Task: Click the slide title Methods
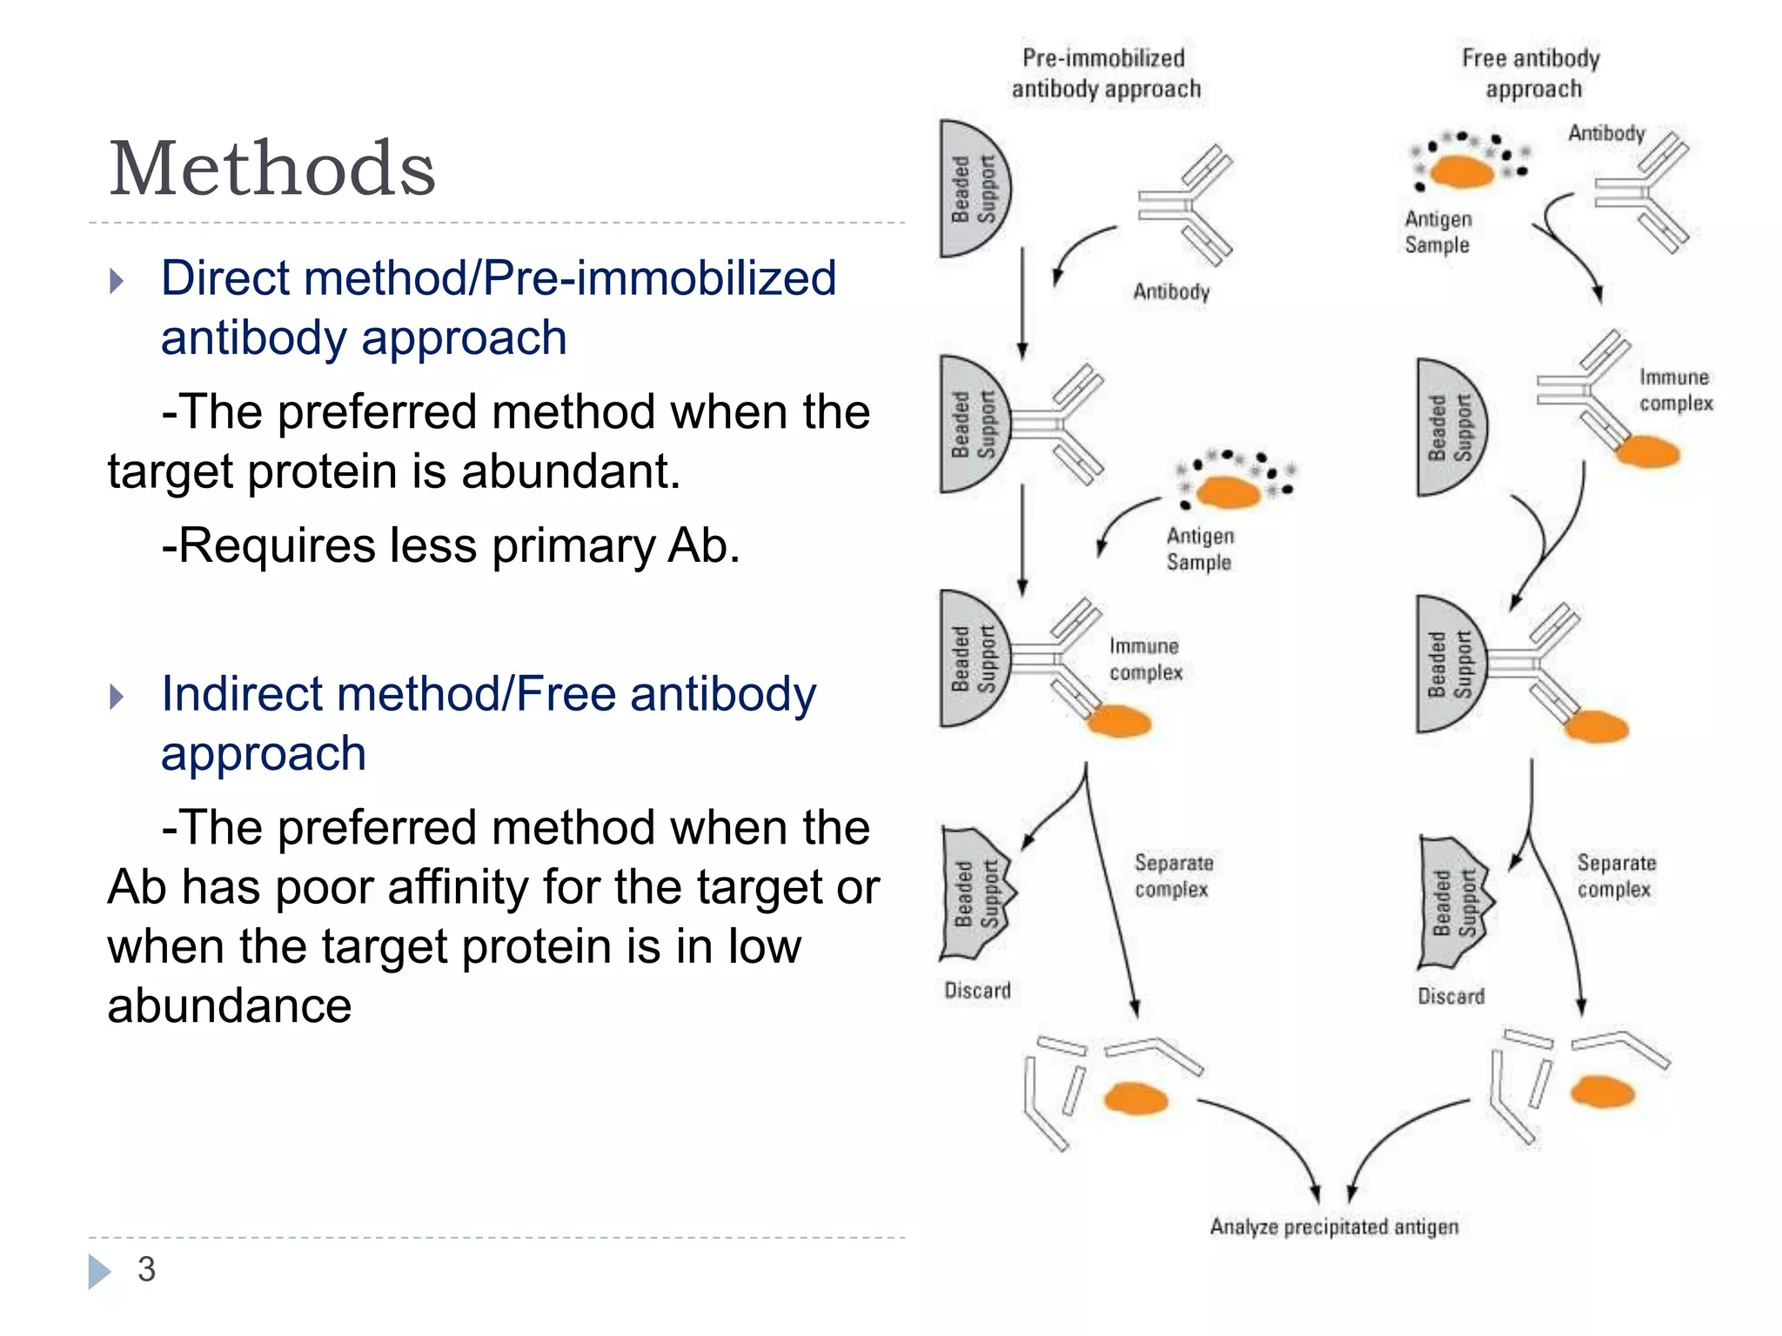271,168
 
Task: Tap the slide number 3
146,1269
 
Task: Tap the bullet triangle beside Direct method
117,281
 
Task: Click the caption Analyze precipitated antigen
1333,1226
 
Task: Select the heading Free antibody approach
1531,74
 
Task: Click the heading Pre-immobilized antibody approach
1105,74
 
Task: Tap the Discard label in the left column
978,991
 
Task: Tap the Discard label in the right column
1450,996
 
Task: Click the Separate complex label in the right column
1616,876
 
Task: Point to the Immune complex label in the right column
1675,390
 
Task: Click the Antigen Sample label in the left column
1199,549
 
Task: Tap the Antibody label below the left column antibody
1171,291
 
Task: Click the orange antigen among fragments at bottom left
1135,1099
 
